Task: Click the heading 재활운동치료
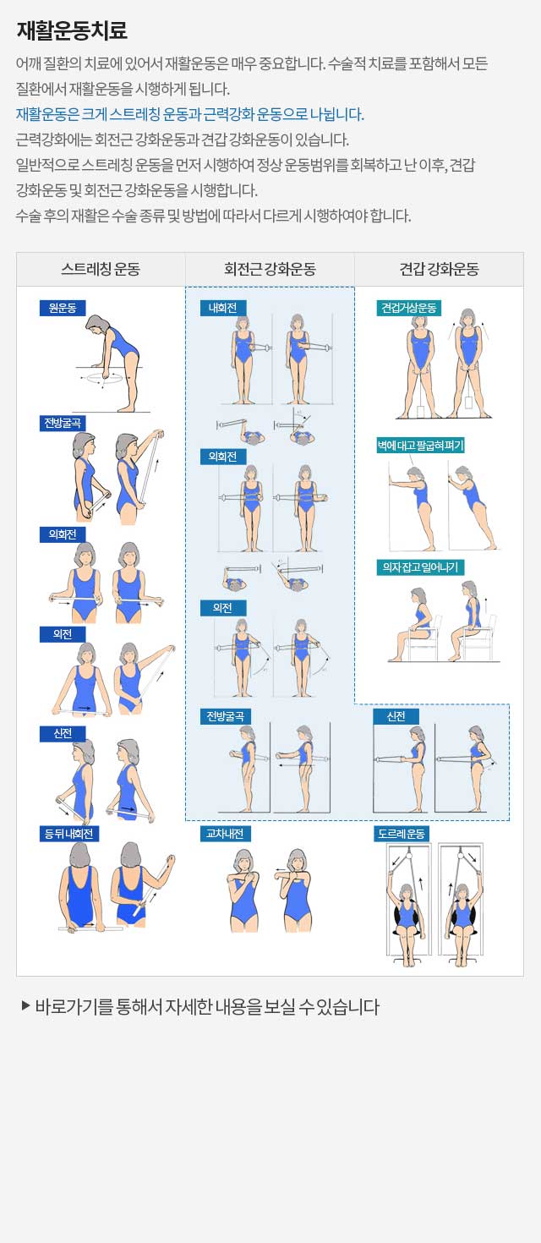click(x=72, y=30)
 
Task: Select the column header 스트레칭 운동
click(x=101, y=269)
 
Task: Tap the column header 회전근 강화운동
click(x=270, y=269)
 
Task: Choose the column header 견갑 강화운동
click(x=439, y=269)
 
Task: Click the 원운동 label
click(x=63, y=308)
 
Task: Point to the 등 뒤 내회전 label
click(x=68, y=834)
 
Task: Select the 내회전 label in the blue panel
click(x=222, y=308)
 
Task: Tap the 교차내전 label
click(x=225, y=834)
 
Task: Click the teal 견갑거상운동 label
click(x=408, y=308)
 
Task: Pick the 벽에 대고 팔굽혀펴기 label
click(x=420, y=445)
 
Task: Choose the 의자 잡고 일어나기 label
click(x=420, y=567)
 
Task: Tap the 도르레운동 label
click(x=402, y=834)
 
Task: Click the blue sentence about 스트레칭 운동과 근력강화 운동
click(x=189, y=114)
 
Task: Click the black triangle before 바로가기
click(x=25, y=1005)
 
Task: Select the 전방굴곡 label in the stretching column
click(x=63, y=423)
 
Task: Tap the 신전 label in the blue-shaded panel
click(x=396, y=716)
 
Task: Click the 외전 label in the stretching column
click(x=63, y=633)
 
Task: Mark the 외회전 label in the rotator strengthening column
click(x=222, y=456)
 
